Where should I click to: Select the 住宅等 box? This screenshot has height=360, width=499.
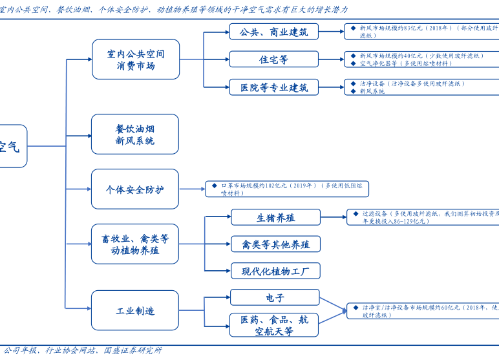(x=274, y=59)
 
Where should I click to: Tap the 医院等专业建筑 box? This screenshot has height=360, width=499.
(x=274, y=87)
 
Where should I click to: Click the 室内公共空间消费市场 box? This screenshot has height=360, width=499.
(x=135, y=59)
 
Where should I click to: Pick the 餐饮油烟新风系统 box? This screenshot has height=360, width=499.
(x=135, y=134)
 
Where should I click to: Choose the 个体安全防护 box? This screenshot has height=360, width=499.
(x=135, y=189)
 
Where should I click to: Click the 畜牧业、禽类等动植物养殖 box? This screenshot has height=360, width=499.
(x=135, y=244)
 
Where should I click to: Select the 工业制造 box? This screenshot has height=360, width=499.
(x=135, y=311)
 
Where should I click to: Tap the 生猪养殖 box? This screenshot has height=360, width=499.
(x=275, y=217)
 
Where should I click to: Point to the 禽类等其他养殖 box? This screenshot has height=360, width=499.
(x=275, y=244)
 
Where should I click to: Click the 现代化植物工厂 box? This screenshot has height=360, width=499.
(x=275, y=271)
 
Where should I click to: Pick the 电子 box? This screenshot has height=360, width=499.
(x=274, y=298)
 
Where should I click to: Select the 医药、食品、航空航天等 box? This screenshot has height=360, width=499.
(x=274, y=325)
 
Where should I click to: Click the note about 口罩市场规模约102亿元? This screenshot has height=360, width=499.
(x=287, y=189)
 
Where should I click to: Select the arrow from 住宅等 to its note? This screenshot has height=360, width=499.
(x=332, y=59)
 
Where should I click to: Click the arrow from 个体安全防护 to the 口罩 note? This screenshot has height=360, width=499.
(x=192, y=189)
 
